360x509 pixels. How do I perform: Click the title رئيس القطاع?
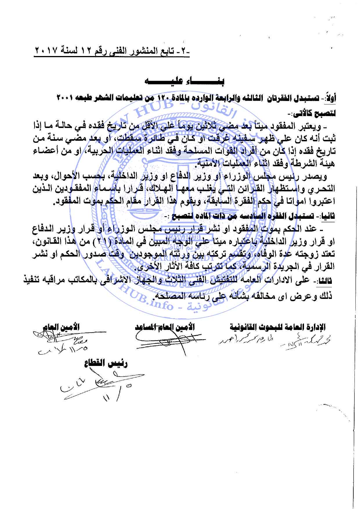tap(106, 364)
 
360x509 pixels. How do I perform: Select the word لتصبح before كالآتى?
tap(325, 114)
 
